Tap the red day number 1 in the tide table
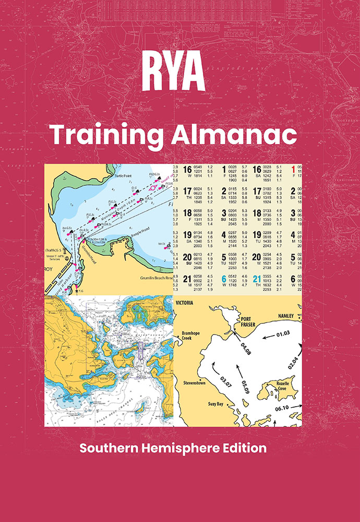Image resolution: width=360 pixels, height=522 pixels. [295, 169]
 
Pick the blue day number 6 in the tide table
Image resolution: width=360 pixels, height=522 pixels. [223, 279]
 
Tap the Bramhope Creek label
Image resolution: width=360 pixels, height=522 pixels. [191, 335]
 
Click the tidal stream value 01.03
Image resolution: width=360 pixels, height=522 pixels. [283, 333]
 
